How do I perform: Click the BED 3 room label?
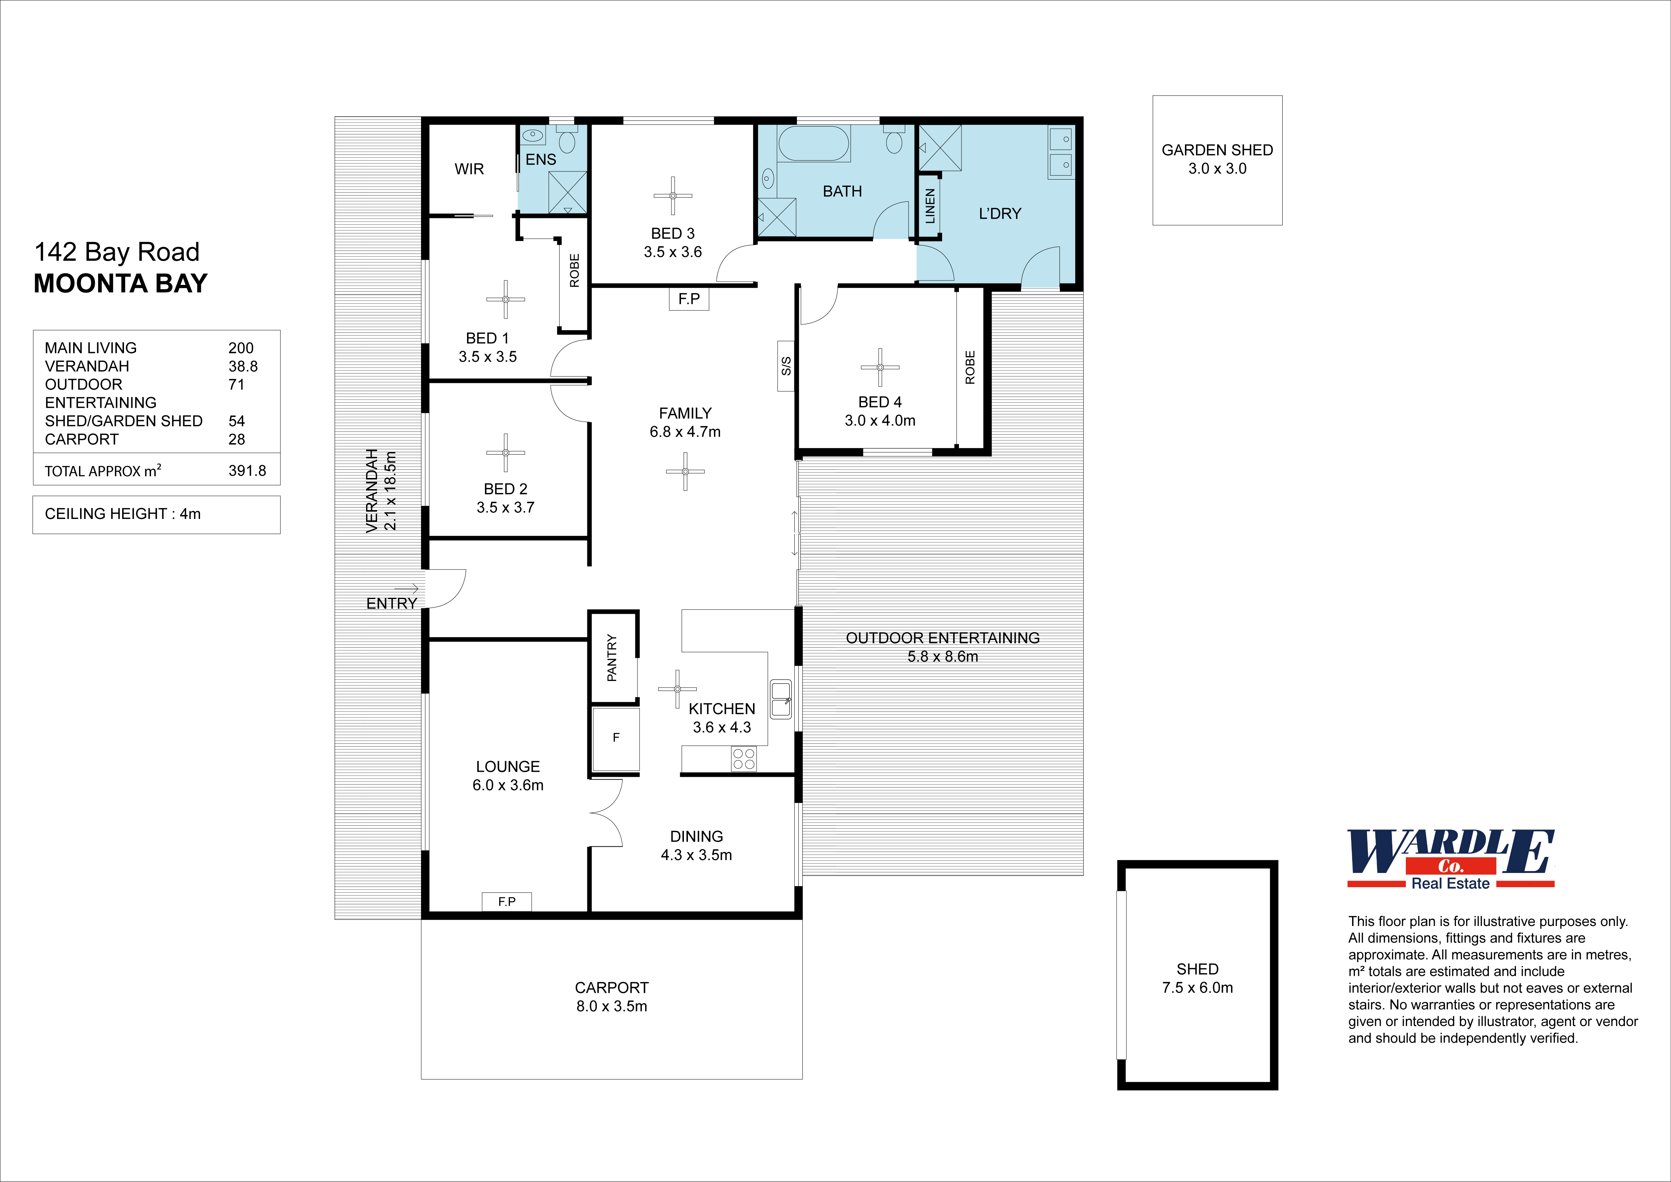click(673, 234)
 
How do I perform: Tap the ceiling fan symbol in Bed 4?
click(880, 367)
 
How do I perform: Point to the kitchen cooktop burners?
click(744, 759)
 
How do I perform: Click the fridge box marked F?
click(616, 738)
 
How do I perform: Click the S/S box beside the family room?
click(785, 366)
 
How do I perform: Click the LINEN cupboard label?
click(929, 206)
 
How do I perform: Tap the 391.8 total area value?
click(248, 471)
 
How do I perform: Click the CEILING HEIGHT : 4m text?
click(122, 514)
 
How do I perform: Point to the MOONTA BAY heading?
click(121, 283)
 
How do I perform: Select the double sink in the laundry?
click(1060, 152)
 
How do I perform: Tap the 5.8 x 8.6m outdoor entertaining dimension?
click(942, 656)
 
